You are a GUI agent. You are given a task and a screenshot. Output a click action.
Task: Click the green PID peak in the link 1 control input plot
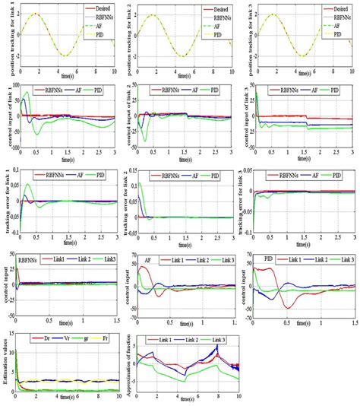tap(28, 94)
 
